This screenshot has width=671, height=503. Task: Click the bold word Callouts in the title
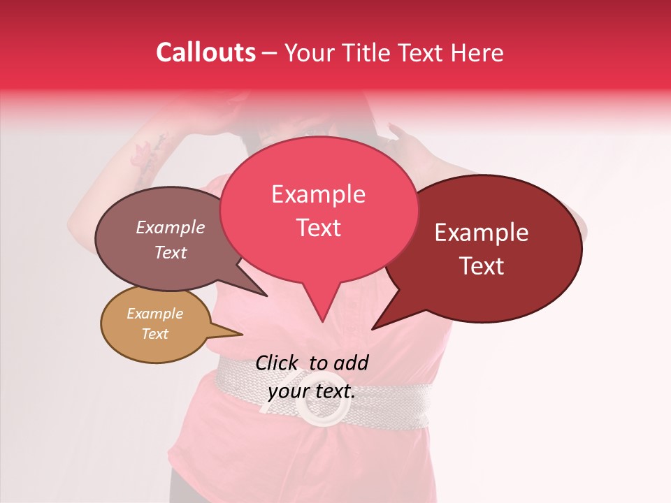tap(205, 52)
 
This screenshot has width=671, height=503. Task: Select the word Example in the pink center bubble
tap(318, 194)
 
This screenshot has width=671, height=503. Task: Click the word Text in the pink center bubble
tap(318, 227)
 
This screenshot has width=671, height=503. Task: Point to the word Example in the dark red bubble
tap(482, 233)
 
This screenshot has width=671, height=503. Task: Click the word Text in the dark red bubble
tap(482, 265)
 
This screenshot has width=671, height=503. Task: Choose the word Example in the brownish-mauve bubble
tap(170, 227)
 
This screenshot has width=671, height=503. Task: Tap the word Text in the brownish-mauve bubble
tap(170, 252)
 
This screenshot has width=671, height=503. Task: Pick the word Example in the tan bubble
tap(154, 314)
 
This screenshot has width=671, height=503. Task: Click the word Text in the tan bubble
tap(154, 334)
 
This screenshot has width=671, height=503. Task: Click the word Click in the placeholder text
tap(278, 363)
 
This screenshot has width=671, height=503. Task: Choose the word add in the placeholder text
tap(351, 363)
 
